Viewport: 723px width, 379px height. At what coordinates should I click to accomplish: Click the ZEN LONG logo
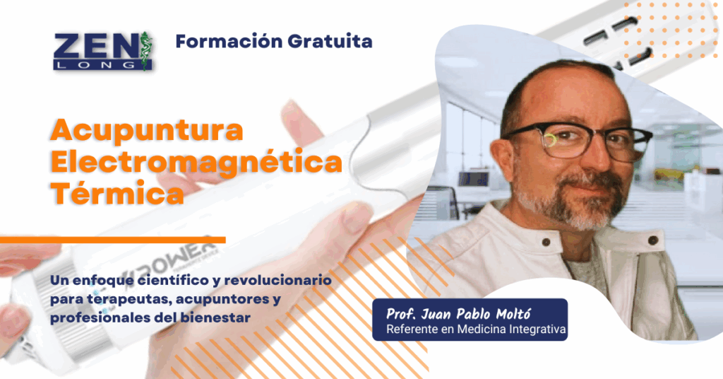point(102,51)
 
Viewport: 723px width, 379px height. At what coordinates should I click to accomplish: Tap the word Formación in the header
point(229,41)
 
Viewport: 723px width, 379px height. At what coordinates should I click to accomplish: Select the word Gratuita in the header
point(330,41)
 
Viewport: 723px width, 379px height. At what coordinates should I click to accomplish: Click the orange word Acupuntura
point(147,131)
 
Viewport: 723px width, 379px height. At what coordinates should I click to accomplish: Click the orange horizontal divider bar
point(112,240)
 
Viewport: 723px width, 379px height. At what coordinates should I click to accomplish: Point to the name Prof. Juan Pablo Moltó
point(458,315)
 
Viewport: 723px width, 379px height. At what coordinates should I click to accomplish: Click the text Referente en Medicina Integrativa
point(476,329)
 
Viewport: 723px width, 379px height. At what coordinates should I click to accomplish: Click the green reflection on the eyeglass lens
point(550,140)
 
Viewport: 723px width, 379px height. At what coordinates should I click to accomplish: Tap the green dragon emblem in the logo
point(145,51)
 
